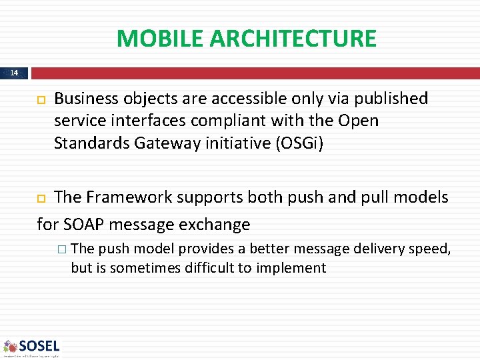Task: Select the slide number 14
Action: click(x=15, y=73)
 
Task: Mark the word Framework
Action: click(x=123, y=197)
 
